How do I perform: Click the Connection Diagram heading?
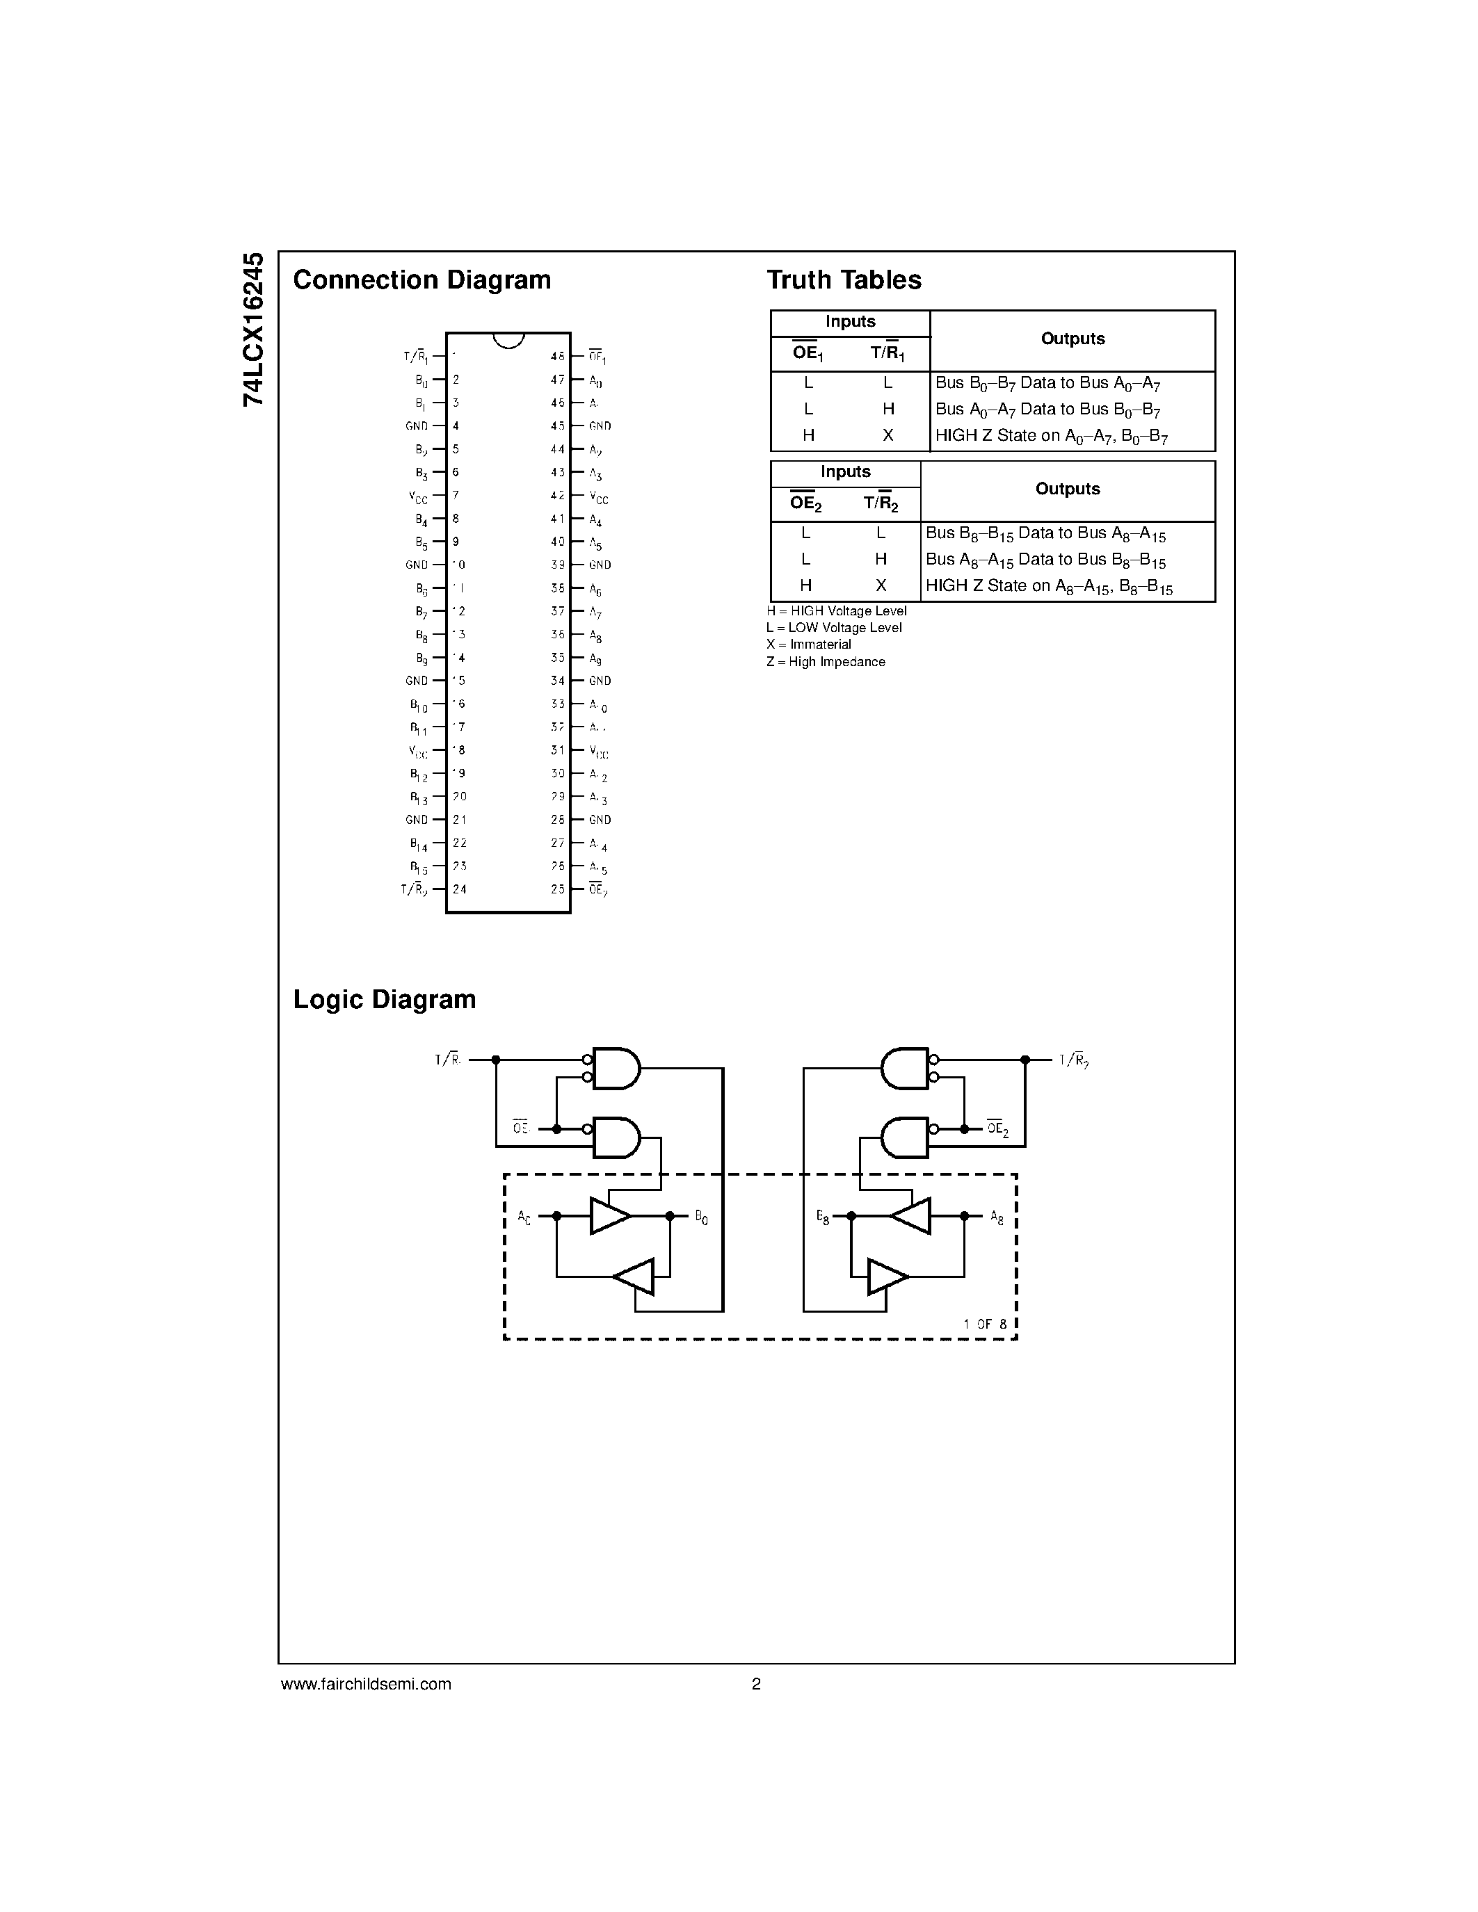coord(421,280)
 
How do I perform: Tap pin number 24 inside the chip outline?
coord(459,889)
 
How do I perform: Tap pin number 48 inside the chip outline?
coord(557,356)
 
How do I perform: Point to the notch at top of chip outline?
coord(508,340)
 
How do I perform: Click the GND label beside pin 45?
coord(600,426)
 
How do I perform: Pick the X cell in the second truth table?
coord(880,585)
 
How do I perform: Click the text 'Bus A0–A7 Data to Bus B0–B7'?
coord(1047,410)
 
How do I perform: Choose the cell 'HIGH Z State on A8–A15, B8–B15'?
coord(1048,587)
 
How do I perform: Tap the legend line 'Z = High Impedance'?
coord(825,662)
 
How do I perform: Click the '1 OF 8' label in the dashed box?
coord(985,1324)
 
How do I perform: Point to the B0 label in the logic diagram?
coord(700,1217)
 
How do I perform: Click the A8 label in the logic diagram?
coord(997,1217)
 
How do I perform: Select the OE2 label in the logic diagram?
coord(997,1128)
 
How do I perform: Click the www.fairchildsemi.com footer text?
coord(365,1683)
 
